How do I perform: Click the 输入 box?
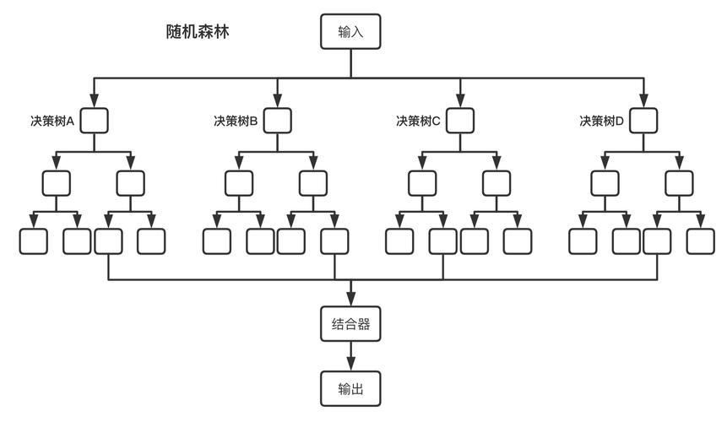coord(350,32)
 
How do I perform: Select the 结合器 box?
coord(350,324)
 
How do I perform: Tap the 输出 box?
coord(350,389)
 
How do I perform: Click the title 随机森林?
coord(198,32)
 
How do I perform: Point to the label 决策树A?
coord(52,122)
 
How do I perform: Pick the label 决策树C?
coord(418,122)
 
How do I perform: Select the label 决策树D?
coord(601,122)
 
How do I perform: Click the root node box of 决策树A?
coord(94,121)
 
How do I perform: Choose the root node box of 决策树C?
coord(460,121)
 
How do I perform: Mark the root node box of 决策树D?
coord(643,121)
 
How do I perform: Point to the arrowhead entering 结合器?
coord(350,300)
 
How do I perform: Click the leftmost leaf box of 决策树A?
coord(34,241)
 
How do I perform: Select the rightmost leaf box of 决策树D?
coord(701,241)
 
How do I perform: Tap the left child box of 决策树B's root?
coord(239,183)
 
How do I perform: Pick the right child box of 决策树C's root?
coord(496,183)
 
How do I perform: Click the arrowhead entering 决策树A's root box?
coord(94,102)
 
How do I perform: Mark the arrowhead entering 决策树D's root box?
coord(643,102)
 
